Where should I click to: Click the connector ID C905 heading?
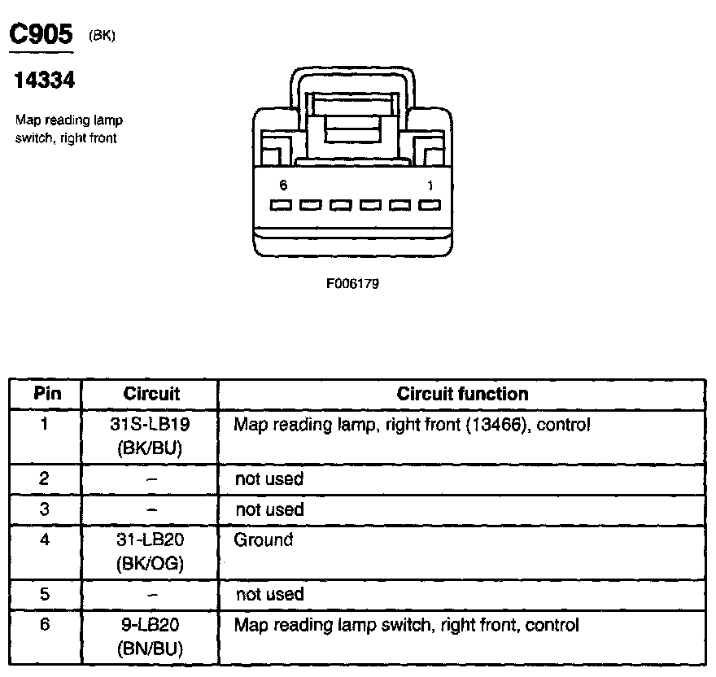coord(40,34)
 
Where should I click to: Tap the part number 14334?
coord(46,81)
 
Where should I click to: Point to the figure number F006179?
coord(353,285)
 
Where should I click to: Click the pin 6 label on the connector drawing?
coord(282,186)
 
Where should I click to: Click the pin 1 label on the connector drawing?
coord(430,186)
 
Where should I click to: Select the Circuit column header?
coord(151,394)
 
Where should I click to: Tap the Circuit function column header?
coord(462,394)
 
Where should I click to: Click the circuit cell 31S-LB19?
coord(151,425)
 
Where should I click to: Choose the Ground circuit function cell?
coord(263,539)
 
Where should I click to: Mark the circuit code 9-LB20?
coord(151,625)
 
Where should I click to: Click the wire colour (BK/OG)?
coord(151,563)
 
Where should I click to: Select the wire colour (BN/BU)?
coord(151,649)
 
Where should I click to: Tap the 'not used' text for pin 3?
coord(269,509)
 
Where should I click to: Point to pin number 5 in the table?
coord(46,594)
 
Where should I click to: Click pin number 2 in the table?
coord(46,478)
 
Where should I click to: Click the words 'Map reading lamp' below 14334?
coord(69,120)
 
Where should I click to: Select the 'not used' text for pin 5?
coord(269,594)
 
